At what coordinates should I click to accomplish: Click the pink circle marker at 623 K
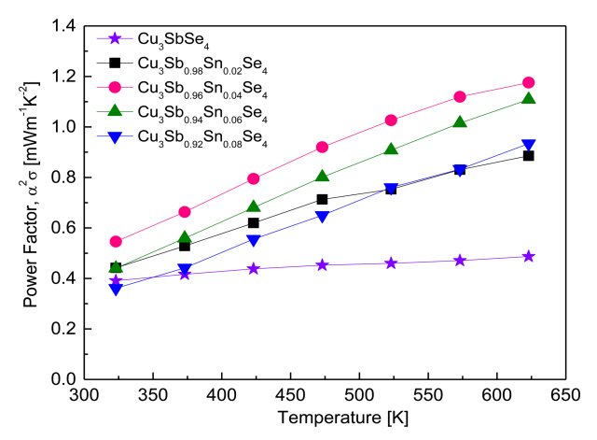[x=529, y=83]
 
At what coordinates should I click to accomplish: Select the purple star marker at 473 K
[x=322, y=264]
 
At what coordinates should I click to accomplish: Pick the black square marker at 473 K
[x=322, y=199]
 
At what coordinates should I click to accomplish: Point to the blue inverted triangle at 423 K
[x=253, y=240]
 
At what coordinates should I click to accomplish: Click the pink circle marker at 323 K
[x=116, y=241]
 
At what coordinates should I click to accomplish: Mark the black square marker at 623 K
[x=529, y=155]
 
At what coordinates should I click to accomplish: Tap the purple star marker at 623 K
[x=529, y=256]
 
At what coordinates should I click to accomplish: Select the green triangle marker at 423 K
[x=253, y=207]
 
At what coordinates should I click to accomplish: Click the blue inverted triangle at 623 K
[x=529, y=146]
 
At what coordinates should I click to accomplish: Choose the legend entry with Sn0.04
[x=191, y=88]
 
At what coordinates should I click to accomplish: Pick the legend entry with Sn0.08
[x=191, y=137]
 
